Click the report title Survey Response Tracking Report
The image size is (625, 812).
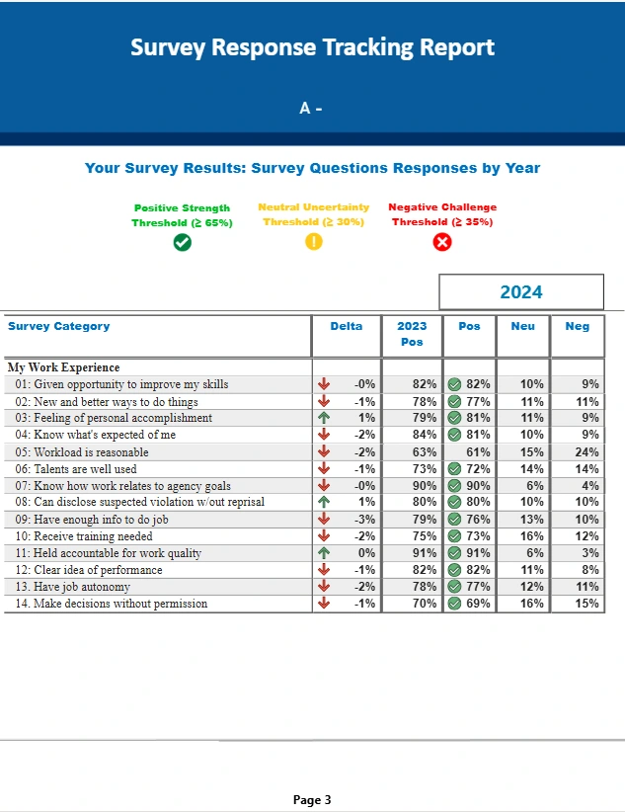point(312,47)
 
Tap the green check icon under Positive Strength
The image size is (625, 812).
point(182,242)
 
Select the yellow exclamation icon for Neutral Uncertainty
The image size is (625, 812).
point(314,242)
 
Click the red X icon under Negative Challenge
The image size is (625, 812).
point(442,242)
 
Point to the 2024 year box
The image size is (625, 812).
point(520,292)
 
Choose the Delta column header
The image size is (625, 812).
point(346,326)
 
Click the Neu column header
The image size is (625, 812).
point(522,326)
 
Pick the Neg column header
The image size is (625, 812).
point(578,326)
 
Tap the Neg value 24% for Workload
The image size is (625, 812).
point(587,452)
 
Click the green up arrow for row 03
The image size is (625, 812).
point(324,418)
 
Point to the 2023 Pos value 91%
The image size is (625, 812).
point(425,553)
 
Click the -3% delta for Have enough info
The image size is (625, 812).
point(364,520)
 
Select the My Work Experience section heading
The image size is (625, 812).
point(63,367)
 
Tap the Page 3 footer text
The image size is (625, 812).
point(312,800)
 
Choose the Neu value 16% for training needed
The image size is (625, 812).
point(532,536)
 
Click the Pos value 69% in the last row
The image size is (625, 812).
point(478,604)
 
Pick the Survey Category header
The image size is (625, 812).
point(58,326)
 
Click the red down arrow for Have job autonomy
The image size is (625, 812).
point(324,587)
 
